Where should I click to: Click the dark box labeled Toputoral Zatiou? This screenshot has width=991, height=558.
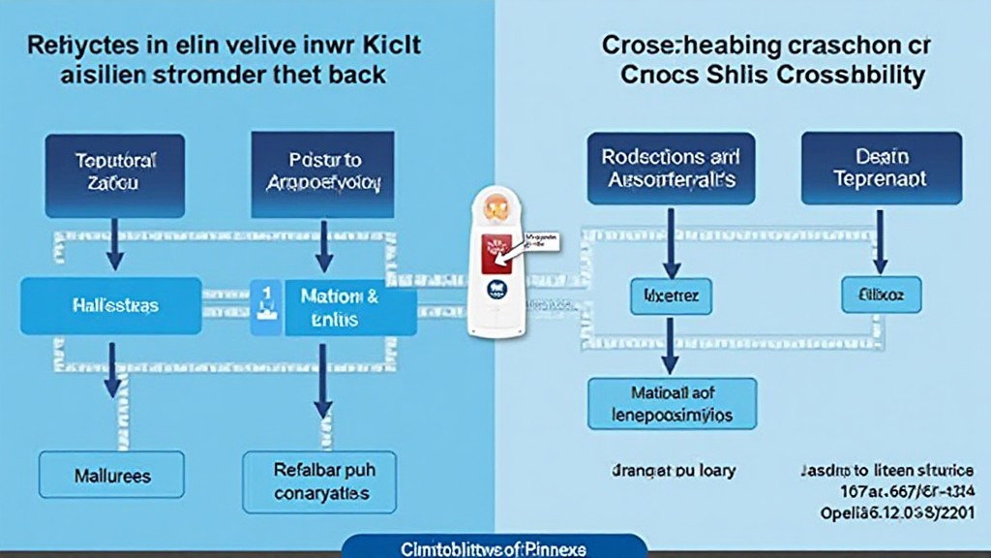(x=115, y=174)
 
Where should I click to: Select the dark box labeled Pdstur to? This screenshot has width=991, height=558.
(x=323, y=174)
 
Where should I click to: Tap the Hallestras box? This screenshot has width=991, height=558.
(x=111, y=305)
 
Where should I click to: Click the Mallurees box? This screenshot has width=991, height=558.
(x=113, y=477)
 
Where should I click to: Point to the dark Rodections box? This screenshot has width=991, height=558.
(x=669, y=167)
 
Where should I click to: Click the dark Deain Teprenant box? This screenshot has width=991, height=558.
(x=881, y=167)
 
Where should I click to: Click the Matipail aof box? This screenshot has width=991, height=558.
(x=673, y=404)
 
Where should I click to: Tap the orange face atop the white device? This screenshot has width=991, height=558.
(x=495, y=205)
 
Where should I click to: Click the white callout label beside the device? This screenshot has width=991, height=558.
(x=540, y=240)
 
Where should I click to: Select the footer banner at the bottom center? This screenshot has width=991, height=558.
(x=494, y=547)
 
